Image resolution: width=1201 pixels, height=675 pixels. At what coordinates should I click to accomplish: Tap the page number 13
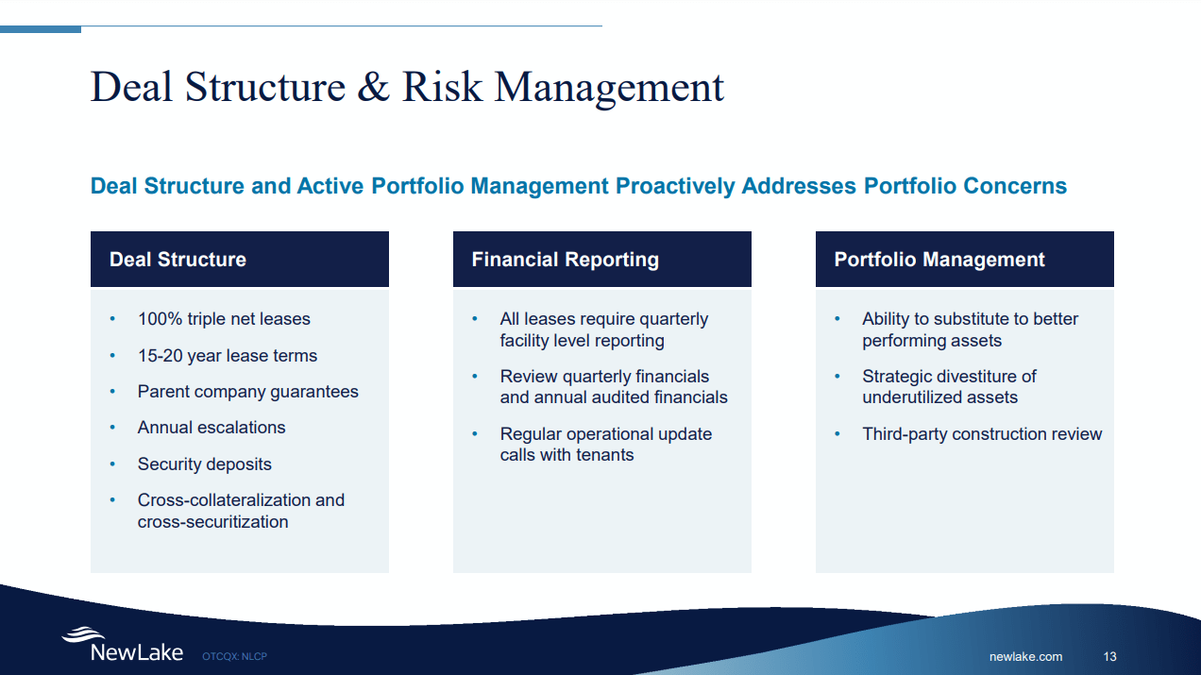[1109, 656]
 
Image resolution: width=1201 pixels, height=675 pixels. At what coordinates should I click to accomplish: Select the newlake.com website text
[1025, 656]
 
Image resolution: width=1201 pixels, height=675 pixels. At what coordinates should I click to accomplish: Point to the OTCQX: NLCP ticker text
[234, 656]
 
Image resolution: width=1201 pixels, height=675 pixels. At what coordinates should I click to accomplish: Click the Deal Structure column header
[178, 260]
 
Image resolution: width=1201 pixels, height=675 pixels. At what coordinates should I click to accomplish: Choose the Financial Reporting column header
[565, 260]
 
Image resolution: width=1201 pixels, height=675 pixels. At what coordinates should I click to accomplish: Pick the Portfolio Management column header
[939, 260]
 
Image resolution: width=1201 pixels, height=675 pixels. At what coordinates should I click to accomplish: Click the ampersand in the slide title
[374, 87]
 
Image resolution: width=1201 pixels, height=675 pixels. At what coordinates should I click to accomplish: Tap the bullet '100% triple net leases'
[224, 319]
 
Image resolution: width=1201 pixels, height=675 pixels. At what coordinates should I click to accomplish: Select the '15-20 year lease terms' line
[227, 356]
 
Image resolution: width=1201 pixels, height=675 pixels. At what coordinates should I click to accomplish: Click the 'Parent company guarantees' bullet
[247, 392]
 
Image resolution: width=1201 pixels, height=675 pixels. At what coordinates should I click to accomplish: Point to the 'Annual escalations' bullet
[211, 428]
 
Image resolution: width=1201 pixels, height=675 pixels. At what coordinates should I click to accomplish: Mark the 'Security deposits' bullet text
[204, 464]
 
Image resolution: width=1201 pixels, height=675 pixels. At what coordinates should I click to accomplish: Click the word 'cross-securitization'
[212, 522]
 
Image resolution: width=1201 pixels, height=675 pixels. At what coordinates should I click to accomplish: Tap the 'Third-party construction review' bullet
[982, 434]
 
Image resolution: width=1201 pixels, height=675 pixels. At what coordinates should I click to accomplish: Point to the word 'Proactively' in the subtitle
[675, 186]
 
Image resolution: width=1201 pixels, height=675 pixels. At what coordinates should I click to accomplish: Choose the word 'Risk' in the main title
[442, 87]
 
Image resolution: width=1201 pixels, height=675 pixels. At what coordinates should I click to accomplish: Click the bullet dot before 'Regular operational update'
[476, 434]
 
